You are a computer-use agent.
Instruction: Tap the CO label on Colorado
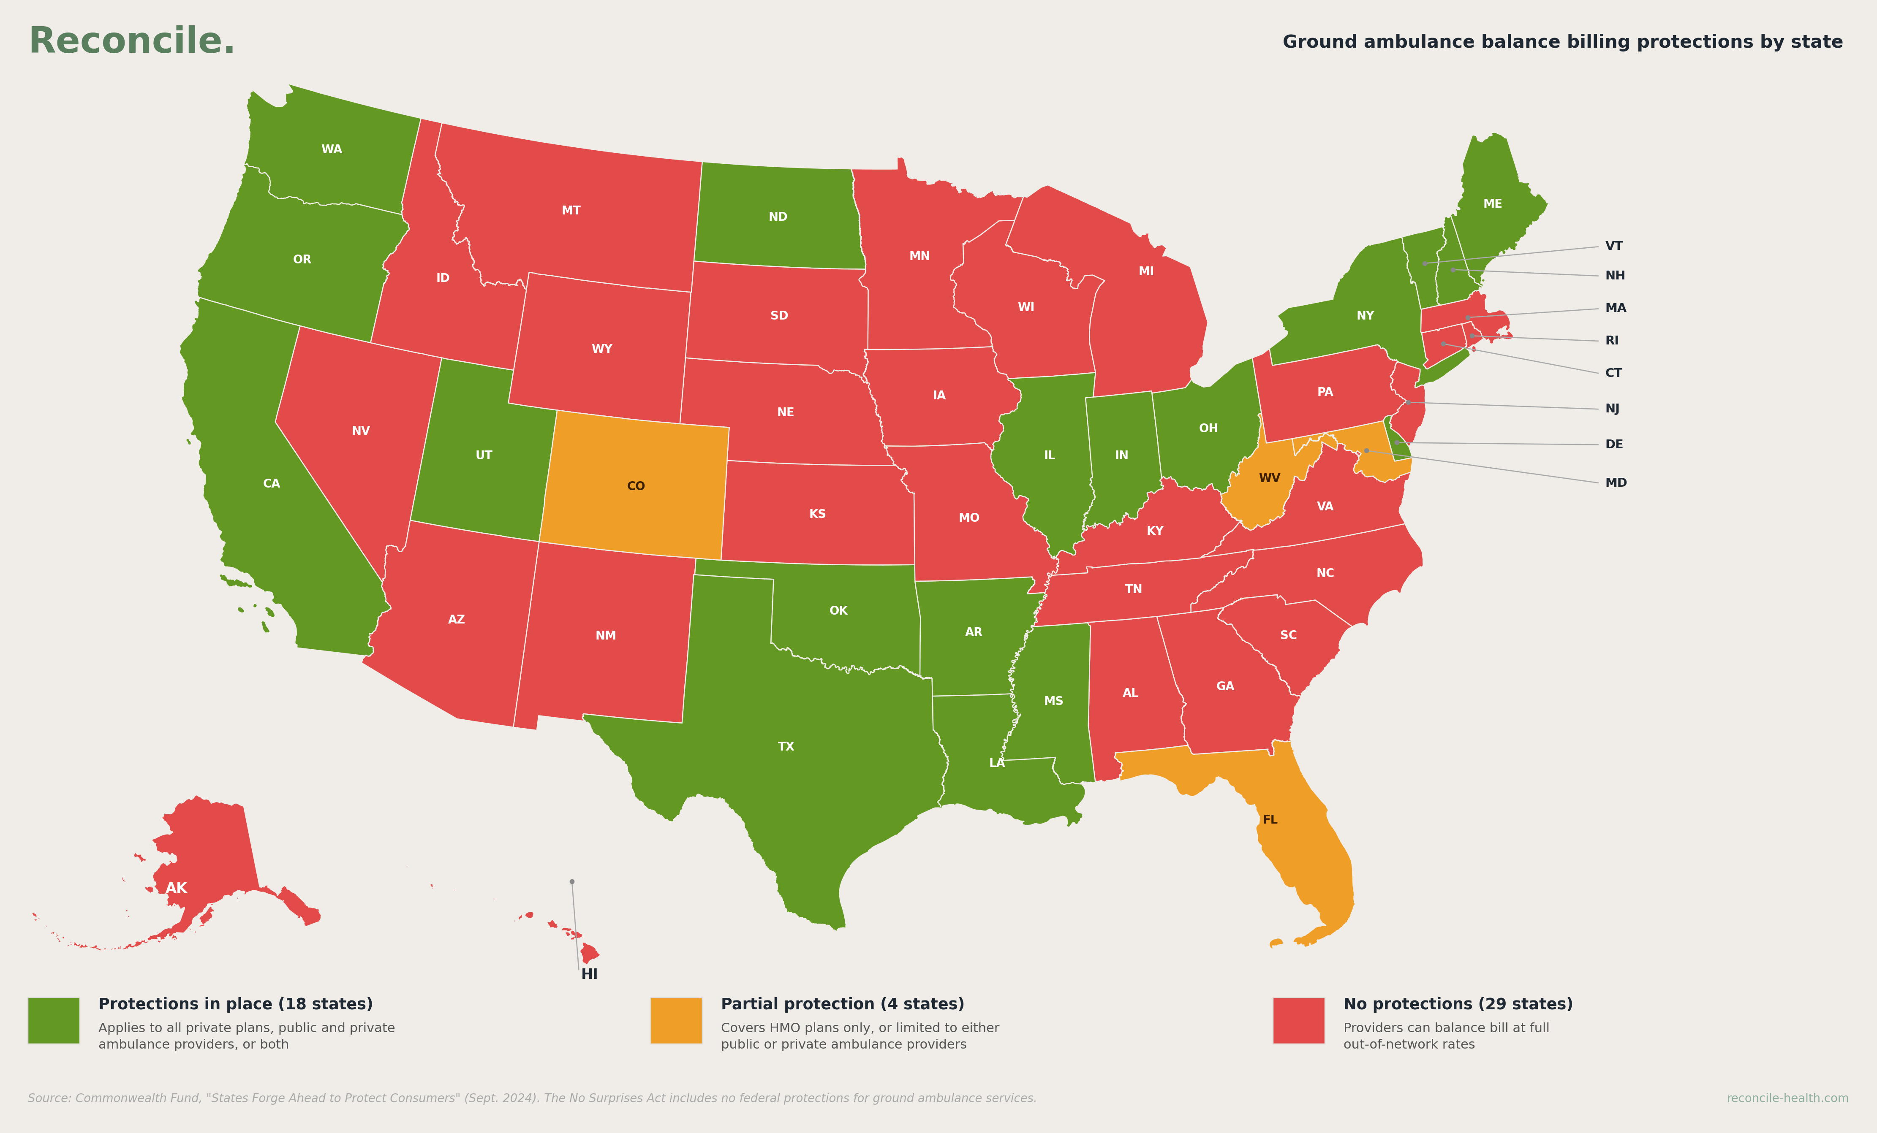635,486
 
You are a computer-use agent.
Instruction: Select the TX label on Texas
785,746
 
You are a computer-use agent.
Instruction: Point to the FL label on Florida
1269,819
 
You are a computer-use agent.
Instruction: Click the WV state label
1269,478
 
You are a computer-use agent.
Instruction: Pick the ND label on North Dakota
777,217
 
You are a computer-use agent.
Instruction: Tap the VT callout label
1613,246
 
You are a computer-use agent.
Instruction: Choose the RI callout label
1612,340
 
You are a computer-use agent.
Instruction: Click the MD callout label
1616,483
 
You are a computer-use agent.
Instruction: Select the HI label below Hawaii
589,974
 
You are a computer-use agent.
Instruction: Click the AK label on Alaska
176,888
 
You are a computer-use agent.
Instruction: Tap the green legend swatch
53,1020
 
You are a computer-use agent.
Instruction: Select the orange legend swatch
676,1020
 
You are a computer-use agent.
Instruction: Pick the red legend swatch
1298,1020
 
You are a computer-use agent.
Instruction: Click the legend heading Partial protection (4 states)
842,1003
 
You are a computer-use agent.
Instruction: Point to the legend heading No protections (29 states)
1457,1003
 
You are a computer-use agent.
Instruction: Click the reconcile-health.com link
1786,1098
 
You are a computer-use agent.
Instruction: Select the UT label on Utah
484,455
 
